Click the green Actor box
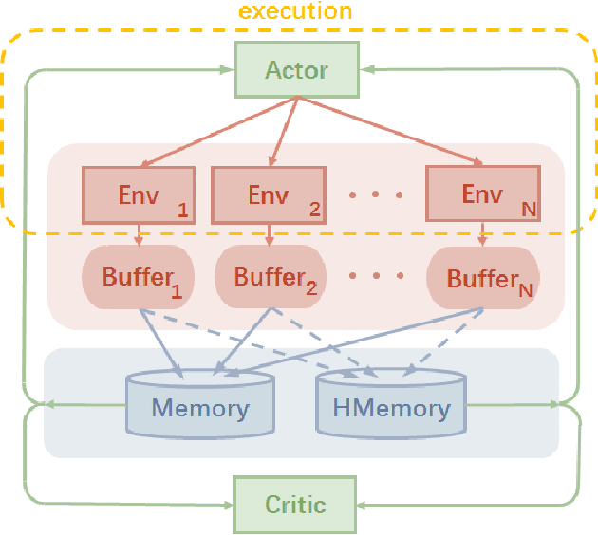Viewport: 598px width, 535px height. tap(296, 71)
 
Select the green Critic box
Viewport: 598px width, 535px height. tap(295, 503)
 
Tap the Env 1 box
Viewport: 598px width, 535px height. tap(140, 195)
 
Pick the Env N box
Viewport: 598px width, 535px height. tap(483, 195)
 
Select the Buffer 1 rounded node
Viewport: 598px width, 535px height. tap(140, 278)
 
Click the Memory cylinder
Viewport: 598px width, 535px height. tap(200, 409)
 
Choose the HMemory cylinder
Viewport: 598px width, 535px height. tap(391, 409)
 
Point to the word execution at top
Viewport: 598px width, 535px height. tap(295, 12)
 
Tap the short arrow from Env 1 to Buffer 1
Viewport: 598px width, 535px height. tap(140, 235)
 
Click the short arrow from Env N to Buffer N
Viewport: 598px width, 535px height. tap(483, 235)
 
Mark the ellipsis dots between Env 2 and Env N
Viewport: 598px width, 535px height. tap(375, 196)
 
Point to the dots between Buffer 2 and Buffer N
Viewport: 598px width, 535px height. tap(375, 278)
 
